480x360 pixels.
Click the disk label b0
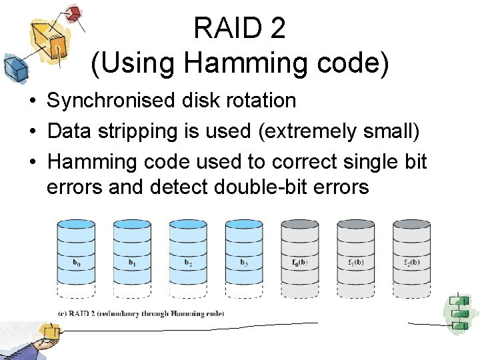tap(76, 262)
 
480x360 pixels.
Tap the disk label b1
tap(132, 262)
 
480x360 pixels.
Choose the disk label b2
tap(188, 262)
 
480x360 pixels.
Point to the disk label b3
tap(244, 262)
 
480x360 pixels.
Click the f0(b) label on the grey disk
tap(299, 262)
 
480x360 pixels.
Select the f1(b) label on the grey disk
tap(355, 262)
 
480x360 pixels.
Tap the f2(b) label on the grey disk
tap(411, 262)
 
